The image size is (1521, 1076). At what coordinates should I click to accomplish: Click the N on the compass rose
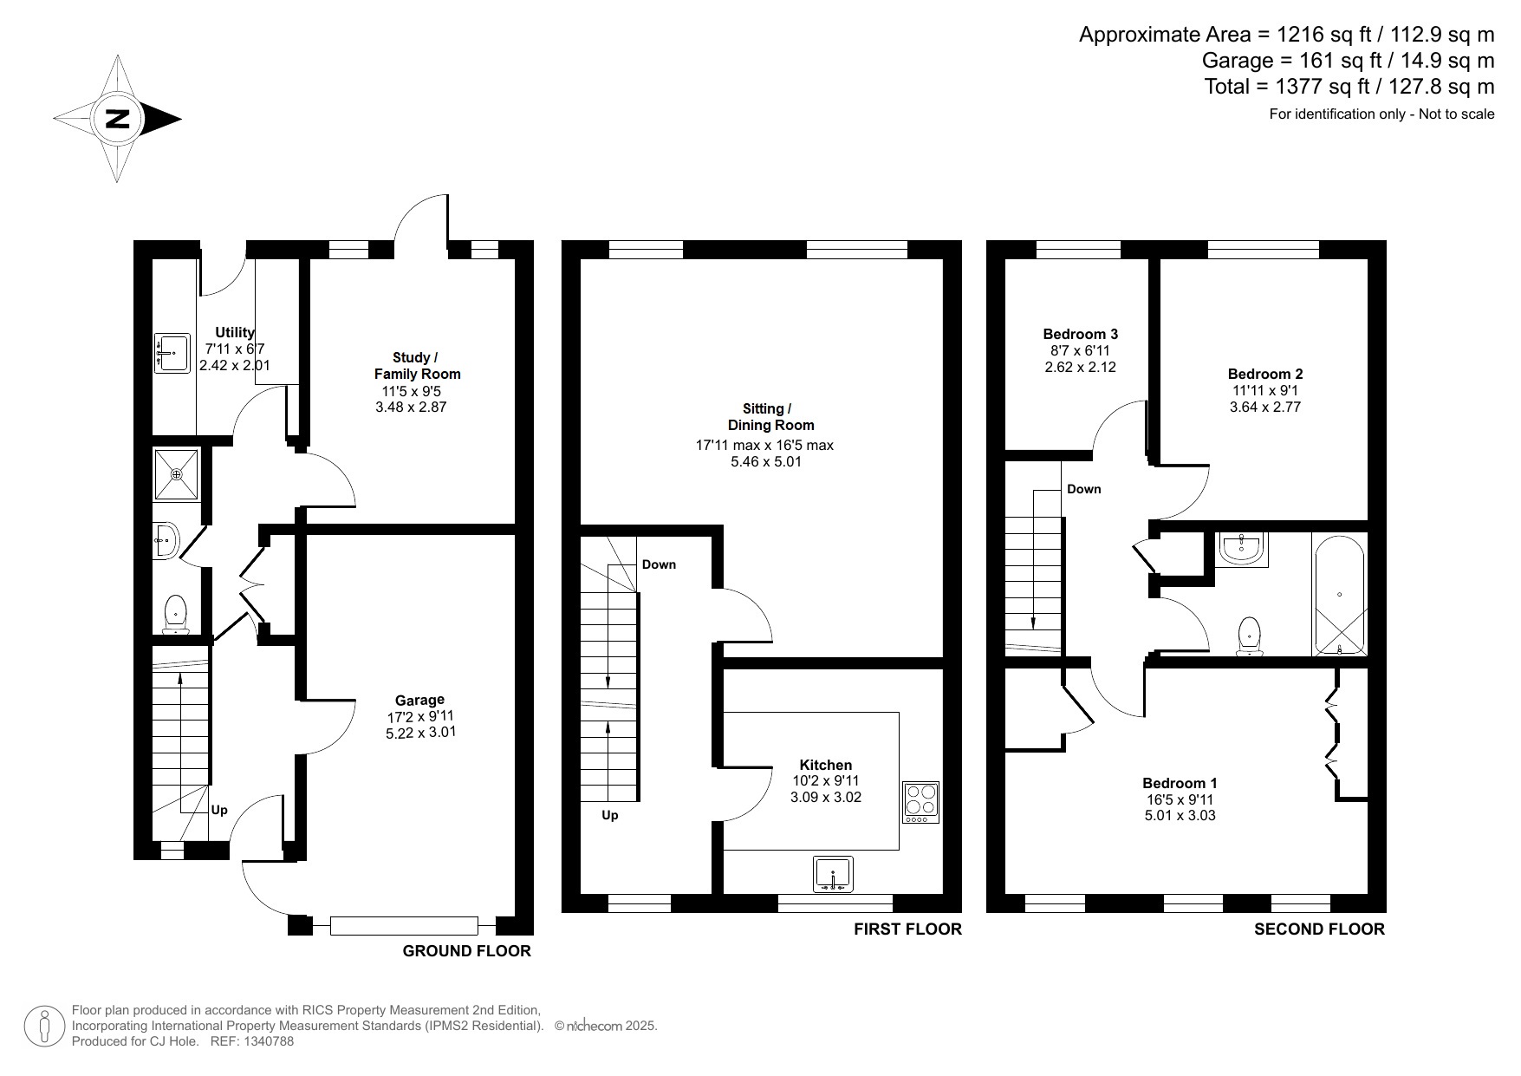coord(117,119)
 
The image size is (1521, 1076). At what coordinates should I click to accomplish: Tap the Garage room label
coord(419,700)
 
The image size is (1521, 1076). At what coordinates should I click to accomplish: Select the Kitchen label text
coord(825,765)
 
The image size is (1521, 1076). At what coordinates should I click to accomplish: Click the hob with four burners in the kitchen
coord(920,803)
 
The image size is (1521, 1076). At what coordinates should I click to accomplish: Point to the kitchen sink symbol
coord(834,874)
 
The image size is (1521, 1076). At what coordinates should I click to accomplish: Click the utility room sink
coord(172,353)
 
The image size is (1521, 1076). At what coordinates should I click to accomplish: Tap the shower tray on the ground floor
coord(176,474)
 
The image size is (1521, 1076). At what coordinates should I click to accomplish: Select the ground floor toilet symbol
coord(176,614)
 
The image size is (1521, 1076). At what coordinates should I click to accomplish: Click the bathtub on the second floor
coord(1340,596)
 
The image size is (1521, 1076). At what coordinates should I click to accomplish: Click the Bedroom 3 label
coord(1080,334)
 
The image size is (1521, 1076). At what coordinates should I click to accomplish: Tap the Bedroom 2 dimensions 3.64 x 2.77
coord(1265,407)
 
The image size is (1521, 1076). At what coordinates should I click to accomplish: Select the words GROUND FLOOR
coord(466,951)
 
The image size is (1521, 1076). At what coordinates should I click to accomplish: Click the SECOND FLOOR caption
coord(1319,929)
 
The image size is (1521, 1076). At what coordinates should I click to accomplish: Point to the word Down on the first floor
coord(659,564)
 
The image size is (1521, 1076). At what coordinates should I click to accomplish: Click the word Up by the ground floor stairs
coord(219,810)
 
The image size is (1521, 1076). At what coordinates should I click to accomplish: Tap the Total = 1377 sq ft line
coord(1349,87)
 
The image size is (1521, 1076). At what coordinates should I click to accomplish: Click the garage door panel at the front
coord(404,926)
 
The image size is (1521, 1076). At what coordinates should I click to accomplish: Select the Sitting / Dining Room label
coord(766,417)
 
